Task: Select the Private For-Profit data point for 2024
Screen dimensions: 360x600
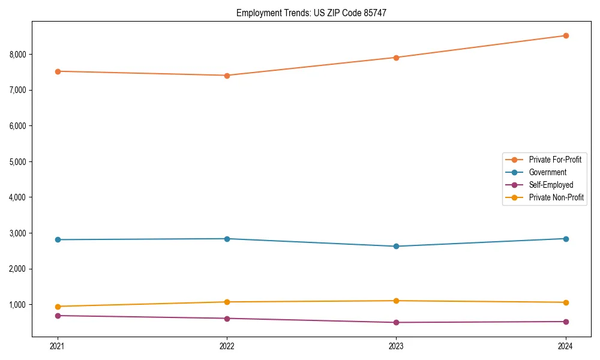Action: pos(566,35)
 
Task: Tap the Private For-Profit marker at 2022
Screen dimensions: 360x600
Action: pos(227,76)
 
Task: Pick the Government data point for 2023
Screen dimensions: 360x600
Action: pos(396,246)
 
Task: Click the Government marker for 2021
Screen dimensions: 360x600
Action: pos(58,239)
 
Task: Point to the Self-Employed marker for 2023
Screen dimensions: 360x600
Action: pos(396,322)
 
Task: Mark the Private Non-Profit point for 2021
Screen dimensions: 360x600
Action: pos(58,307)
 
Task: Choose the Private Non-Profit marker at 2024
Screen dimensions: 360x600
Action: pos(566,302)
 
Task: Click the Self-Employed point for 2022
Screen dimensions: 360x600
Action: pos(227,319)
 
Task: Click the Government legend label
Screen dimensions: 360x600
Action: pos(547,172)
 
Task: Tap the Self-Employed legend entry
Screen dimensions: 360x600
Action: pos(551,185)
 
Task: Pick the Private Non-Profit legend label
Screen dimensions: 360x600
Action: pos(556,197)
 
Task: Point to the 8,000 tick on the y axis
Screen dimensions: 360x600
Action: pos(16,55)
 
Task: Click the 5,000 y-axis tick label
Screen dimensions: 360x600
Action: pos(16,162)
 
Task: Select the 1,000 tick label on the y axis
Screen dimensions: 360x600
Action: pos(16,305)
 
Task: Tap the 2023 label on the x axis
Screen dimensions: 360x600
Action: pos(396,346)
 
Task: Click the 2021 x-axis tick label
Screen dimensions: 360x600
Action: pos(58,346)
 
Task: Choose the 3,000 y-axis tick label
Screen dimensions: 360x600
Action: pos(16,233)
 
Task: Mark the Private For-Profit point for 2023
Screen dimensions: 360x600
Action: pos(396,58)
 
